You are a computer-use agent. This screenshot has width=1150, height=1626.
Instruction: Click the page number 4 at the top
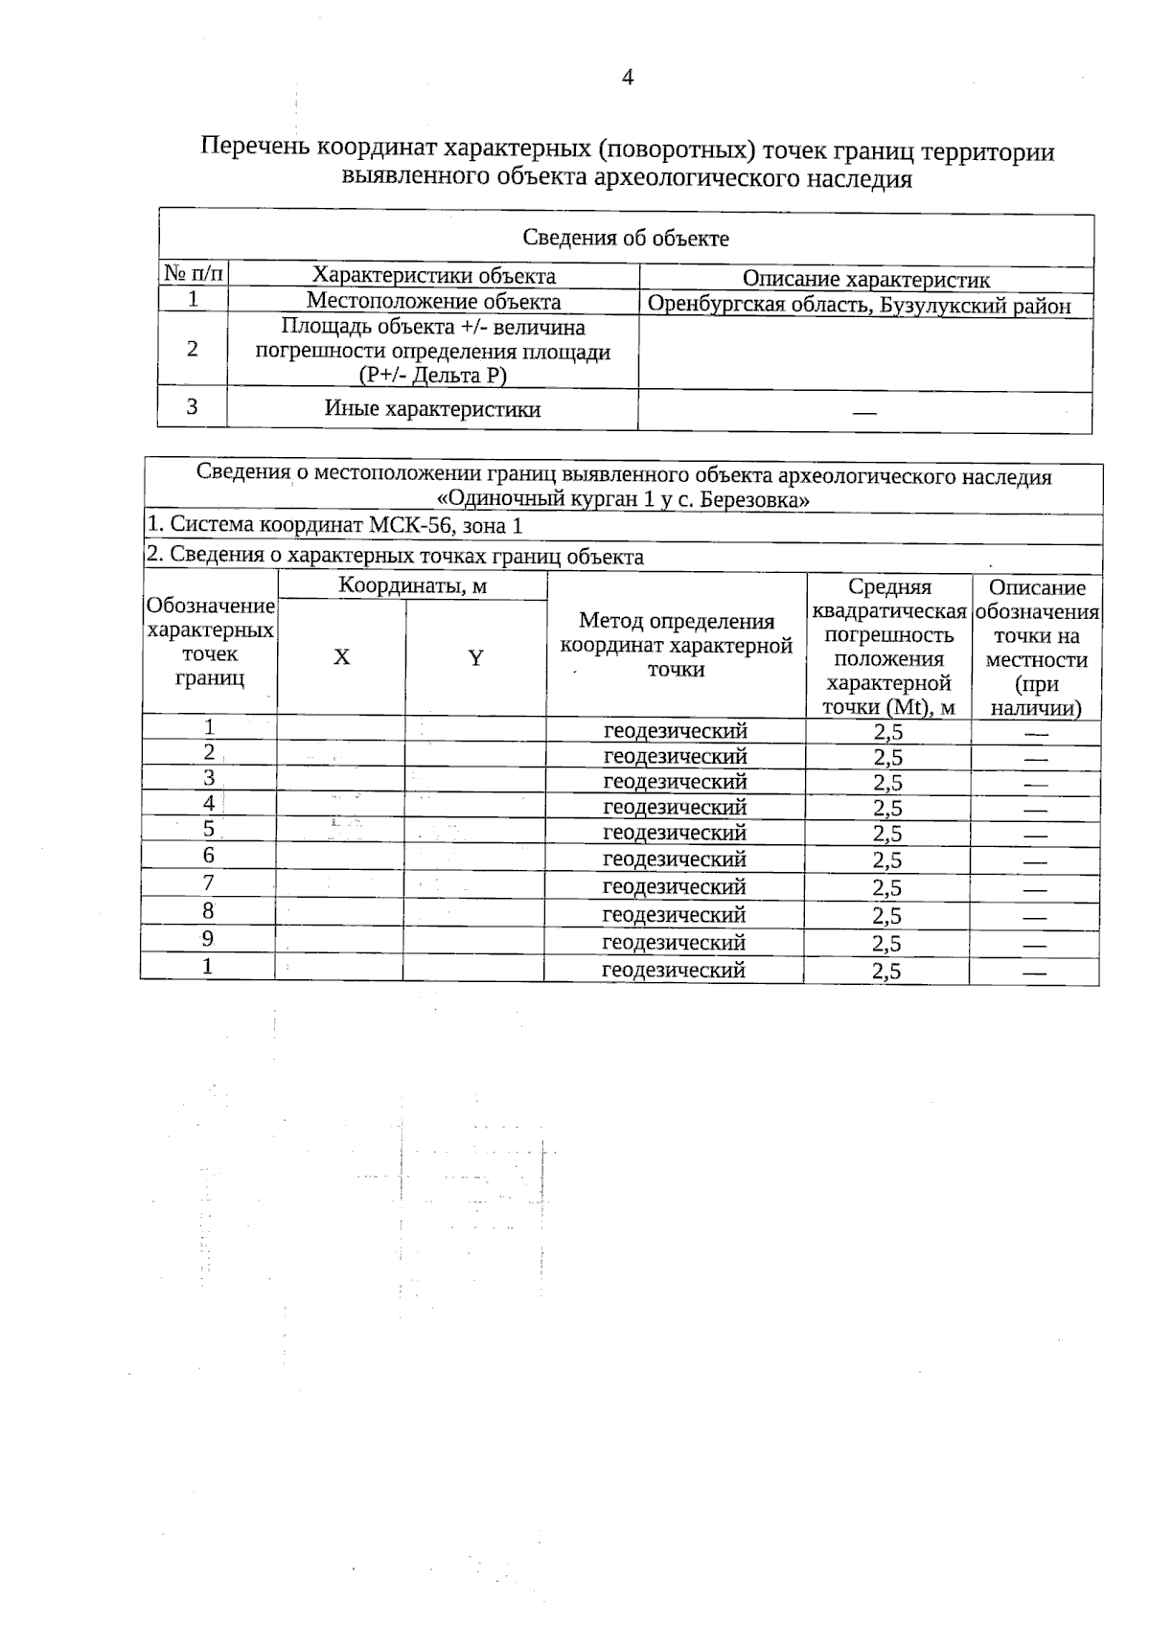click(628, 78)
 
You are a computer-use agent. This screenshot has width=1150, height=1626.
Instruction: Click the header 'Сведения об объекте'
click(626, 239)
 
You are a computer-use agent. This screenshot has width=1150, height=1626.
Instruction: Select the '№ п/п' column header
click(193, 275)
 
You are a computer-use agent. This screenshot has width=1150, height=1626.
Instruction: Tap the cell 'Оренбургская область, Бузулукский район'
click(859, 306)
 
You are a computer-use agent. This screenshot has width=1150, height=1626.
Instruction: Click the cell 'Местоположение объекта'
click(433, 302)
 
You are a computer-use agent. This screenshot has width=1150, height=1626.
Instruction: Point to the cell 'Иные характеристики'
click(432, 409)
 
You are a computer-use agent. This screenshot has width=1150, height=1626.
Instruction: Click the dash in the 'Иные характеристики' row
click(864, 413)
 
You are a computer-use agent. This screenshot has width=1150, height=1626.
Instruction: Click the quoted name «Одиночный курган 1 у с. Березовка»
click(623, 499)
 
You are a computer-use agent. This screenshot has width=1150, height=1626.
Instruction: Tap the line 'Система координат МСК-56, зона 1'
click(335, 525)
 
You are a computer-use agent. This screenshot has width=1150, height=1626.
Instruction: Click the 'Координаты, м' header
click(412, 586)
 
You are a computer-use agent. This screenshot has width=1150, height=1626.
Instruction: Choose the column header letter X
click(341, 657)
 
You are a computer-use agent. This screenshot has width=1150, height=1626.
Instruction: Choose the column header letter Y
click(475, 657)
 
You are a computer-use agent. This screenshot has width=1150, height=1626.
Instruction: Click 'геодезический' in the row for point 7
click(674, 886)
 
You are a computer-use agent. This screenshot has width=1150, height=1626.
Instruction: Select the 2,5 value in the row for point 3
click(887, 782)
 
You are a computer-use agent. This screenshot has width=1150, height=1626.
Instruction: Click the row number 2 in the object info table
click(193, 350)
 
